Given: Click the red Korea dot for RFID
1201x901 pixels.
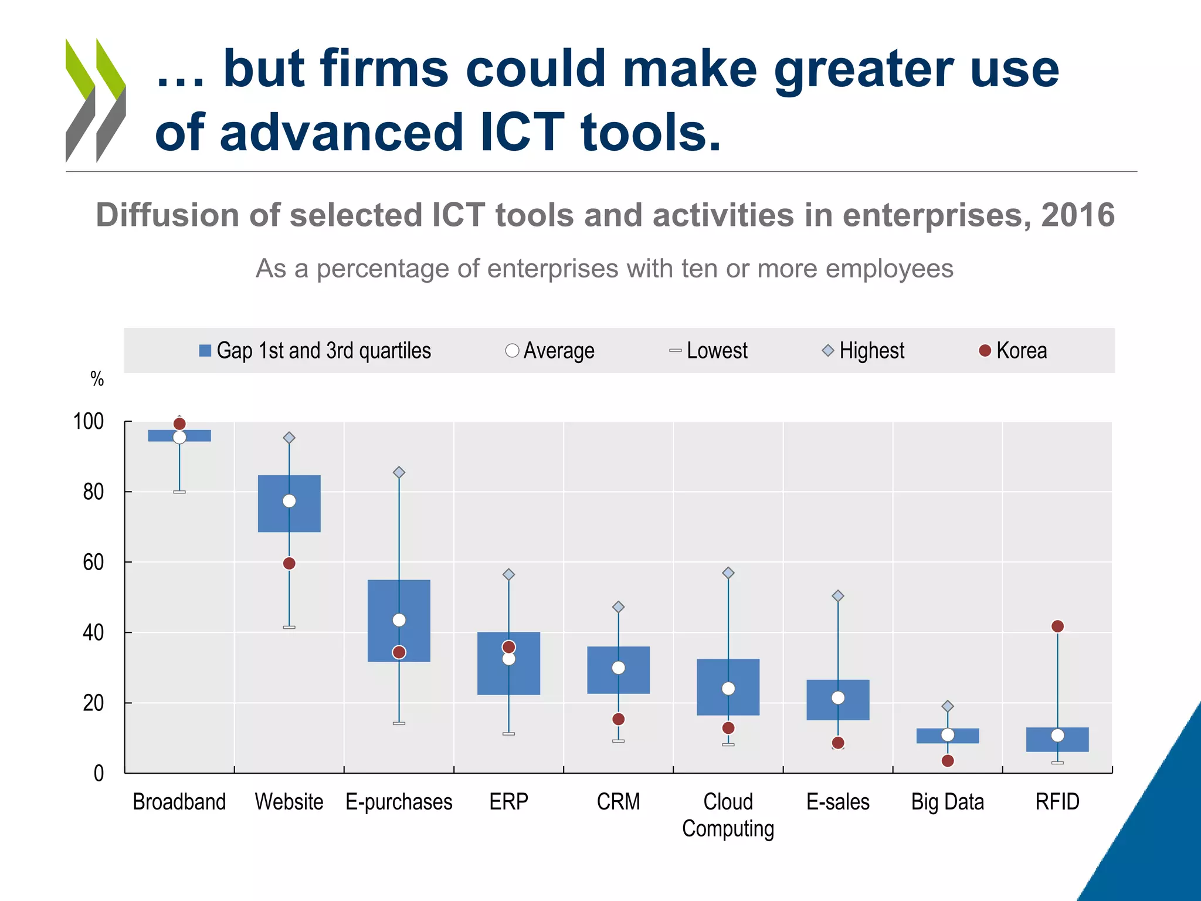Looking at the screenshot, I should pyautogui.click(x=1057, y=626).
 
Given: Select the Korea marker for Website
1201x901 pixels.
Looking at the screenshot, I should pyautogui.click(x=289, y=563).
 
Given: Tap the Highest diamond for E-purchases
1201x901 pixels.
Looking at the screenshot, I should pyautogui.click(x=399, y=472).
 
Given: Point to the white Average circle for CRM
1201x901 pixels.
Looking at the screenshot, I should pyautogui.click(x=618, y=668).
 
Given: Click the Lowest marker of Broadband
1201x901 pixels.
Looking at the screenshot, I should pyautogui.click(x=179, y=492).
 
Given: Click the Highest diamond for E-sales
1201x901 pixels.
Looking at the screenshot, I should pyautogui.click(x=838, y=596).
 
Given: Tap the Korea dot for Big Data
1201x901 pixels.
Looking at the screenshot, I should pyautogui.click(x=948, y=761).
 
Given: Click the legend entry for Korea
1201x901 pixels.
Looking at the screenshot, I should pyautogui.click(x=1013, y=351).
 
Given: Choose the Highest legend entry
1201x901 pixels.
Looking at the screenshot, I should pyautogui.click(x=864, y=351).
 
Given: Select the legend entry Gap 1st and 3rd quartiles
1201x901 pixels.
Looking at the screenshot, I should pyautogui.click(x=315, y=351).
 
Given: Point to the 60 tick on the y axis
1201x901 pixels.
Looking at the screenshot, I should pyautogui.click(x=93, y=562).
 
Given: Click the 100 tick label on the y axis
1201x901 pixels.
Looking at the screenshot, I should pyautogui.click(x=89, y=421).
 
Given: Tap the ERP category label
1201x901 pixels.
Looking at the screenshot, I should pyautogui.click(x=508, y=801).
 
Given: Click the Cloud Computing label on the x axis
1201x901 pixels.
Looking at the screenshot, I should pyautogui.click(x=728, y=815).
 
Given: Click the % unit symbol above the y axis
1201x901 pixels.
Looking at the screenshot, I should pyautogui.click(x=97, y=379).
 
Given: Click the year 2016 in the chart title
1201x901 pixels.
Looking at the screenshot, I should pyautogui.click(x=1078, y=215).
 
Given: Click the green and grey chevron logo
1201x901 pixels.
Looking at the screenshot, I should pyautogui.click(x=96, y=100).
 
